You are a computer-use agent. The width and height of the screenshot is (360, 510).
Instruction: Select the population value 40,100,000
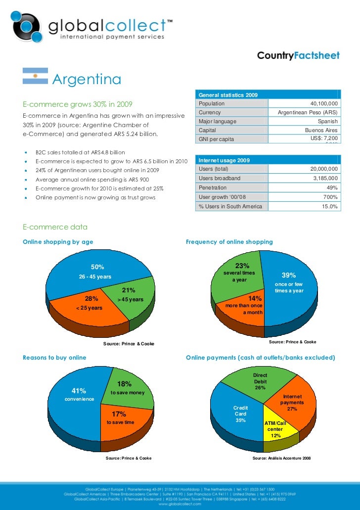(x=324, y=103)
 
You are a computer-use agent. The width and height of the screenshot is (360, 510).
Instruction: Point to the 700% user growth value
(x=329, y=197)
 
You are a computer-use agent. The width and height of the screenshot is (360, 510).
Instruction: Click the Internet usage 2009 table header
(x=224, y=160)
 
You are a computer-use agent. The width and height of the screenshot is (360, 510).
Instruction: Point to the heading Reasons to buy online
(x=54, y=357)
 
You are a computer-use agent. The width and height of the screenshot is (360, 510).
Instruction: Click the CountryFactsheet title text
(x=298, y=56)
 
